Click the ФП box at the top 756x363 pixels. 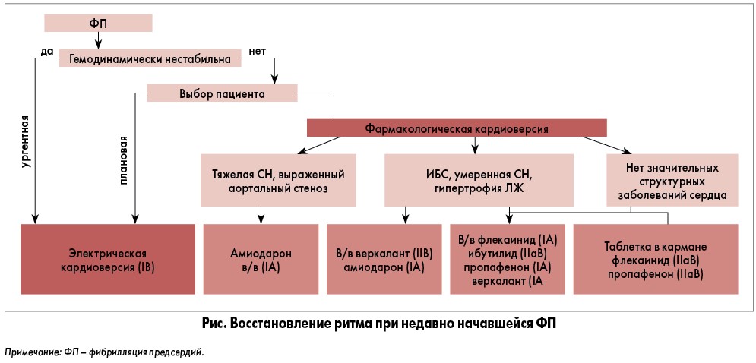click(98, 23)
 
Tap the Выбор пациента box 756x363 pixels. click(221, 93)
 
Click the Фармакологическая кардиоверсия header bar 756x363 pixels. click(457, 128)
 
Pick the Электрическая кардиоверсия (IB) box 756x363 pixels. click(107, 259)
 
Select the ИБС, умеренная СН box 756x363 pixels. click(467, 180)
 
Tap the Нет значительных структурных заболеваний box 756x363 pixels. click(672, 180)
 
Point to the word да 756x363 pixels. click(46, 51)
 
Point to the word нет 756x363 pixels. click(257, 51)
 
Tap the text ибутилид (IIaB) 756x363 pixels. click(508, 253)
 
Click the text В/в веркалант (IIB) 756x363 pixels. click(384, 253)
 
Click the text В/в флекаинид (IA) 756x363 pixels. click(508, 239)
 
